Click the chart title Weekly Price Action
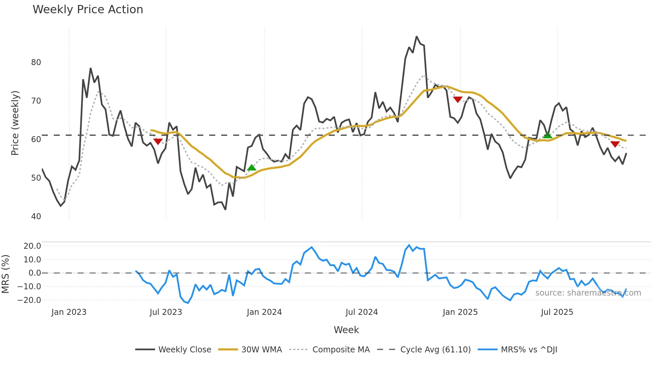(88, 10)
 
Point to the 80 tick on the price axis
(36, 62)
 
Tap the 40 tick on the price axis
(36, 217)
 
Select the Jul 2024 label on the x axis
(361, 312)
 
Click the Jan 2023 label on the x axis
(69, 312)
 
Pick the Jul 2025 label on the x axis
(557, 312)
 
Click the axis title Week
(346, 330)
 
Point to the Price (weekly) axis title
(15, 123)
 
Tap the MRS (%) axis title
(6, 274)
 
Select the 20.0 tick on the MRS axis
(32, 246)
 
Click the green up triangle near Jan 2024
(252, 167)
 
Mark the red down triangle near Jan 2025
(458, 99)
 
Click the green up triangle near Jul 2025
(547, 135)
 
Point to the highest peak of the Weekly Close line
(417, 37)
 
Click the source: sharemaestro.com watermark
(588, 293)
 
